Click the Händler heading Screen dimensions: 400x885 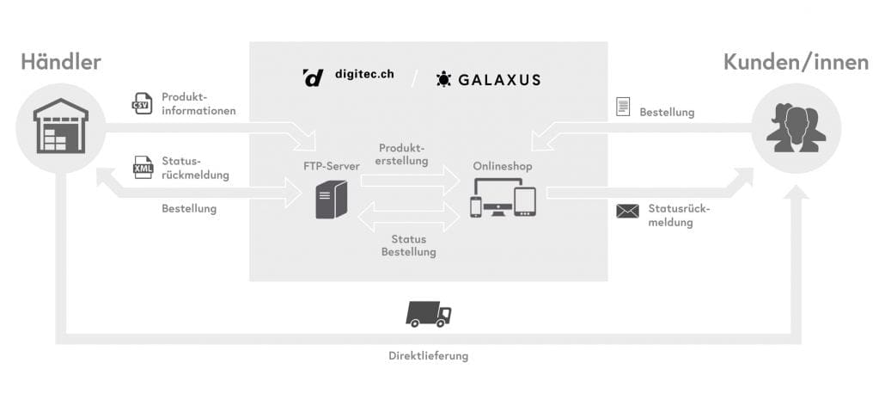[61, 62]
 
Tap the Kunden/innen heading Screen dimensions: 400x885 [796, 62]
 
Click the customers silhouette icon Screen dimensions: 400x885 [795, 128]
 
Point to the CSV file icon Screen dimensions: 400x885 [142, 103]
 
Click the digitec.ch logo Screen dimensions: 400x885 [349, 77]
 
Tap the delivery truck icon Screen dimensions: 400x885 [428, 315]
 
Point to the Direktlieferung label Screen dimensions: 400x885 [428, 355]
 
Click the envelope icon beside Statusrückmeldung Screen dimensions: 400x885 [627, 211]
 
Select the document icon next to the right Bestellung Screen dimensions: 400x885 [623, 107]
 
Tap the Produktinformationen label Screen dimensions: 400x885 [198, 104]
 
